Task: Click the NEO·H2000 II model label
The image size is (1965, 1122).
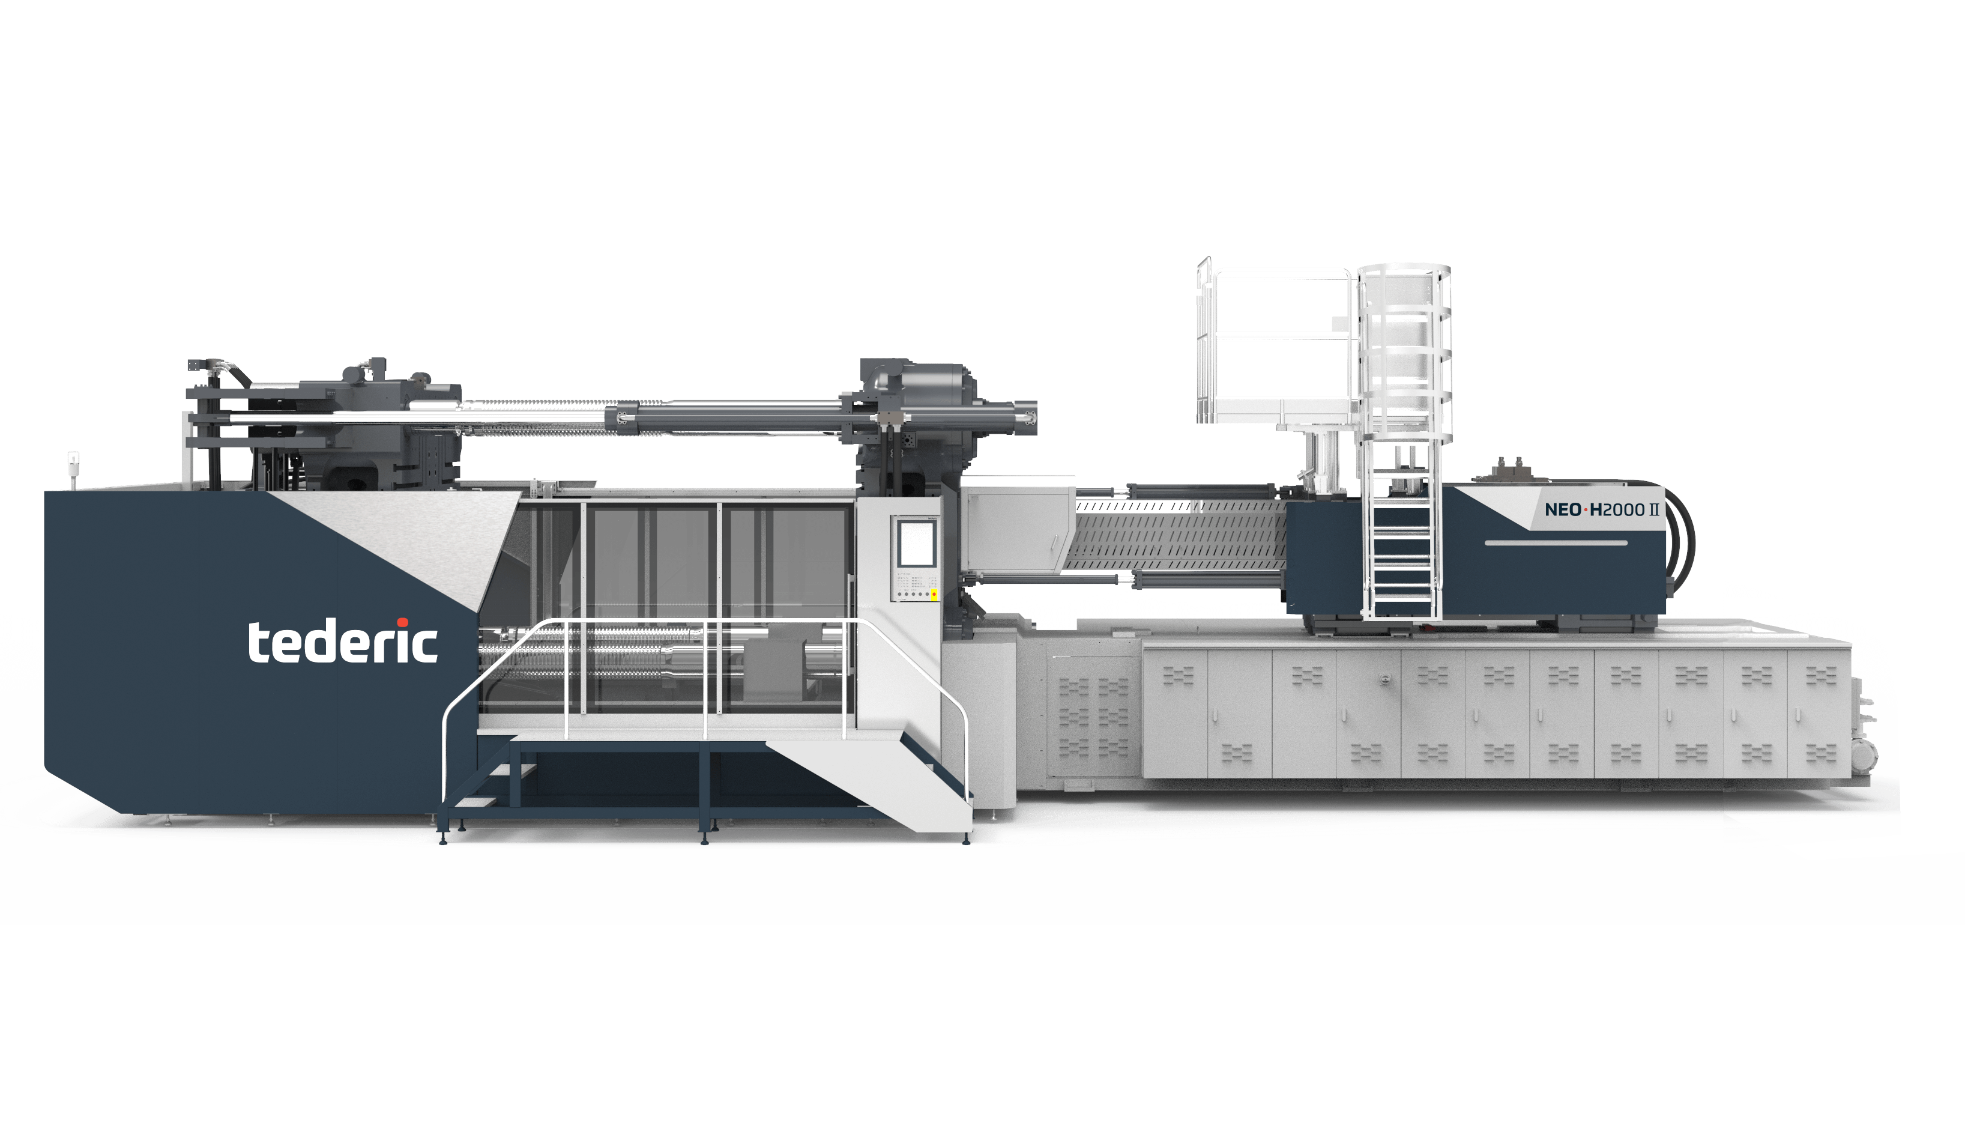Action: tap(1601, 509)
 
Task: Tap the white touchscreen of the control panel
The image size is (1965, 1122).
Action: tap(916, 542)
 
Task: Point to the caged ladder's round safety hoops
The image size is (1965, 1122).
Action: tap(1404, 354)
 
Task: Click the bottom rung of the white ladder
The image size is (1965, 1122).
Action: tap(1402, 610)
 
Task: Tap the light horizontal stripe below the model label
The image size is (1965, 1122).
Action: tap(1556, 543)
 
